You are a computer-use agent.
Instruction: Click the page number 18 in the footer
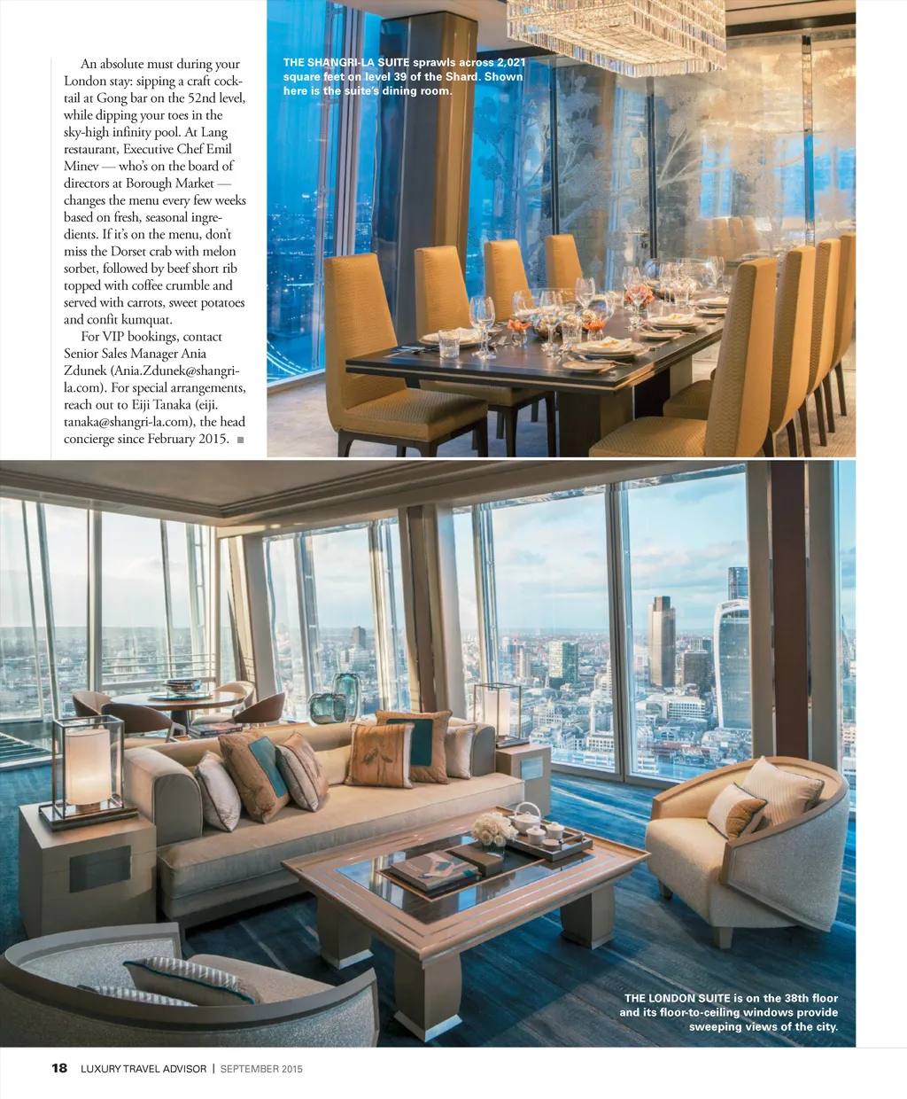coord(59,1068)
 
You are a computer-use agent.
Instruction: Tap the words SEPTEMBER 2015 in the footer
coord(261,1069)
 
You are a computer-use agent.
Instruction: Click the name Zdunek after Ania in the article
coord(86,370)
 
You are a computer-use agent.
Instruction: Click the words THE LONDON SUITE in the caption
coord(677,998)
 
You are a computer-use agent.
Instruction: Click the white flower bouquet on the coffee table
coord(492,830)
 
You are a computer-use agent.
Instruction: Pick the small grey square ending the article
coord(240,440)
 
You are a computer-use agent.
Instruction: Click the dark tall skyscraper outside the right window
coord(661,643)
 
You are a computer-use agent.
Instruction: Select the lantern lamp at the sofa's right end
coord(496,711)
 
